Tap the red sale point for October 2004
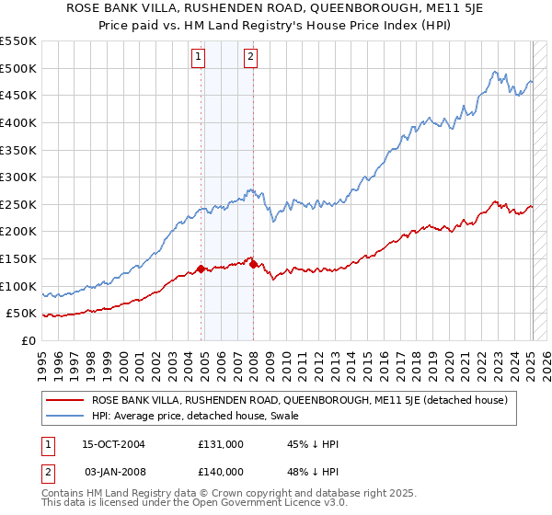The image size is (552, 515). [201, 269]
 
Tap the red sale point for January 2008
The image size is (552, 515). [253, 264]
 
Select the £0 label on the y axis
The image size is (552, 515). [29, 340]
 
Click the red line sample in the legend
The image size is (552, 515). [64, 400]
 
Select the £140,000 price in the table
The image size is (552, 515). [221, 471]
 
